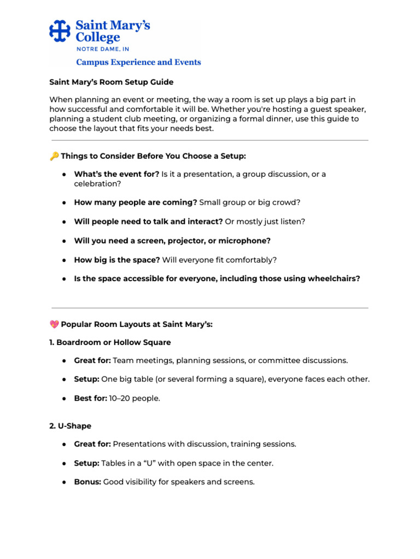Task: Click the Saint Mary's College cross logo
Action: [60, 31]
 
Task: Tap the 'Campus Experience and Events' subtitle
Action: [138, 62]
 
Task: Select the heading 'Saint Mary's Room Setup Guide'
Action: [112, 82]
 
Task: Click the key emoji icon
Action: [54, 156]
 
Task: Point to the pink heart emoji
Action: [54, 324]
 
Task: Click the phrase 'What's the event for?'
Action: [116, 174]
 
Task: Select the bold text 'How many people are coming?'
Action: [136, 203]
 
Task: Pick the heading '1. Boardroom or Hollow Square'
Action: [110, 342]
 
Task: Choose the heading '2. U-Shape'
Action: [71, 426]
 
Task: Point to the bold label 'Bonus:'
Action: [87, 482]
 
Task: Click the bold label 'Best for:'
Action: [90, 399]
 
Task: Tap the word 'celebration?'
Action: [97, 184]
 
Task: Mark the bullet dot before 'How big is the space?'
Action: [64, 260]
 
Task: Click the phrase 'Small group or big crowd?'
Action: [250, 203]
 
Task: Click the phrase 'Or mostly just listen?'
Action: [265, 222]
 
